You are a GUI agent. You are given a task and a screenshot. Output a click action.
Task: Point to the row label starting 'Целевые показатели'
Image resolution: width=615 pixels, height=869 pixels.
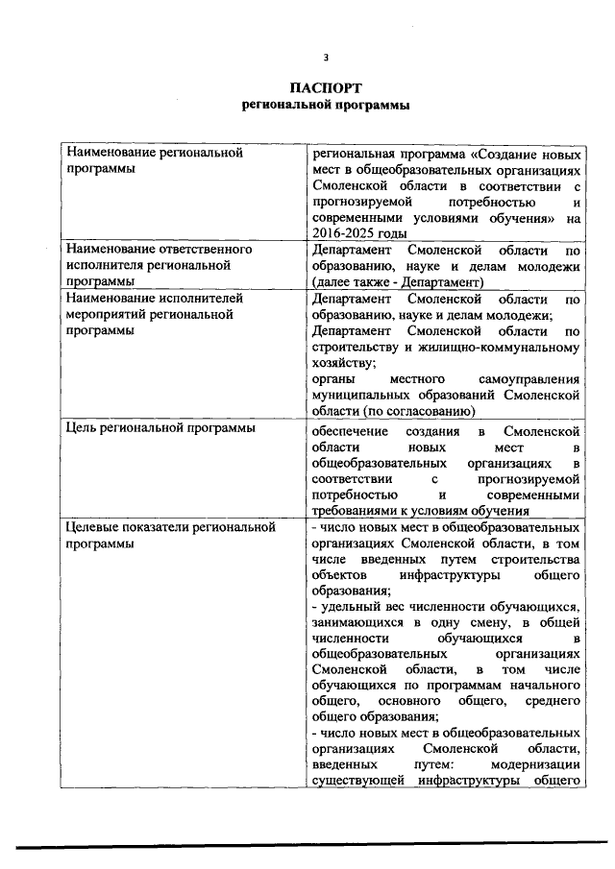pyautogui.click(x=171, y=526)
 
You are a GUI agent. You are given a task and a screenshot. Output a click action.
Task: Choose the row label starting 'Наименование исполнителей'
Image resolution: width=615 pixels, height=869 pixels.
pyautogui.click(x=154, y=299)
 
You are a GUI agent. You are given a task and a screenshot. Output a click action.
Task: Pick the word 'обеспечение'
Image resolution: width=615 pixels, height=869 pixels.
pyautogui.click(x=349, y=428)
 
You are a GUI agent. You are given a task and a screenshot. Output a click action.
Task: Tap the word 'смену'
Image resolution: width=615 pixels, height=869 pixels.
pyautogui.click(x=473, y=624)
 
